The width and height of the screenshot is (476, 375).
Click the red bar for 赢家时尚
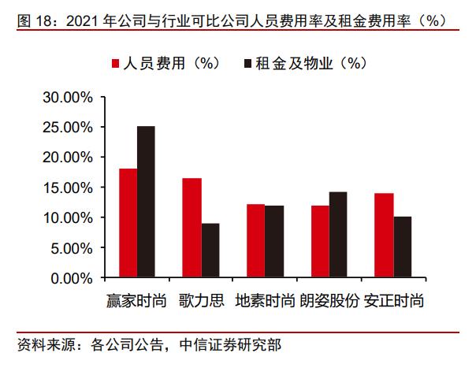(128, 223)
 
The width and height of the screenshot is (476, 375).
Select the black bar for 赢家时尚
(146, 202)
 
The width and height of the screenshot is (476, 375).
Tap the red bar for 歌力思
(192, 228)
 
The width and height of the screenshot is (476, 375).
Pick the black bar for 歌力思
(210, 251)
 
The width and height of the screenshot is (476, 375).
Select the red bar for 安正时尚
(384, 236)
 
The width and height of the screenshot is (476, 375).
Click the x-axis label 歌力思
(201, 302)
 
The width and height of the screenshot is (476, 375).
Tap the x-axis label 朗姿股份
(329, 302)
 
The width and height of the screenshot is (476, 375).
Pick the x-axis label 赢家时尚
(136, 302)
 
